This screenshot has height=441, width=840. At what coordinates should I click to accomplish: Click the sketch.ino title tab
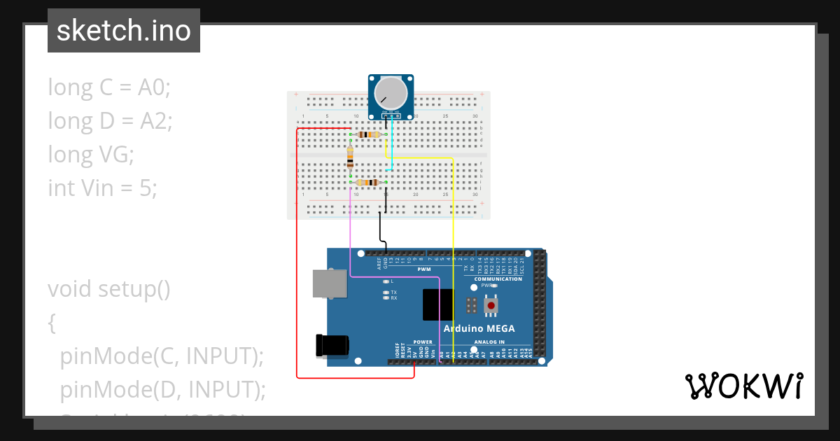pyautogui.click(x=124, y=31)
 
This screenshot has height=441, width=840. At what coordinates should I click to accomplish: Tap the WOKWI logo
pyautogui.click(x=743, y=386)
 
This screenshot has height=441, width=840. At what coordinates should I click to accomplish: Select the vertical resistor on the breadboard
pyautogui.click(x=350, y=157)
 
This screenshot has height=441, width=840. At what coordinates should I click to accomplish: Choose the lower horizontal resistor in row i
pyautogui.click(x=367, y=183)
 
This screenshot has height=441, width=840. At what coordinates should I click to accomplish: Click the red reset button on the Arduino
pyautogui.click(x=492, y=305)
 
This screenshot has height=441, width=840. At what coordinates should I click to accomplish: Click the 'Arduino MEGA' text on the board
pyautogui.click(x=479, y=328)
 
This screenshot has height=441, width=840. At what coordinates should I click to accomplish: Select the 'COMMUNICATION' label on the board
pyautogui.click(x=498, y=279)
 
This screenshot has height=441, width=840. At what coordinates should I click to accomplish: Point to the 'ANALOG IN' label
pyautogui.click(x=489, y=342)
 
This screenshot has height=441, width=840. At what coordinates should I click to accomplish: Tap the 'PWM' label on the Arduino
pyautogui.click(x=424, y=269)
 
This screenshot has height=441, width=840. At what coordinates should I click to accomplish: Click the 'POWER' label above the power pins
pyautogui.click(x=423, y=342)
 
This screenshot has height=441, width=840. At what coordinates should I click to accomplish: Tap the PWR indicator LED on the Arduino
pyautogui.click(x=495, y=286)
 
